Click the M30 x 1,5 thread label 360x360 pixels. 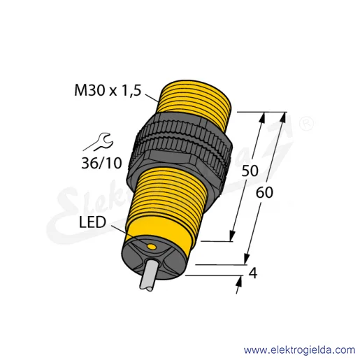[108, 90]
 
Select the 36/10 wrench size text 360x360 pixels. [101, 163]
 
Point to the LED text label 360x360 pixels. [92, 222]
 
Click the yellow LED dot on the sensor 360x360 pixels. [152, 246]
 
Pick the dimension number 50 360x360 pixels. [250, 171]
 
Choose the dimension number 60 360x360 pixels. [264, 193]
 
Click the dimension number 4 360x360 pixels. [253, 273]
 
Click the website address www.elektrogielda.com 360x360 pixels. [299, 350]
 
